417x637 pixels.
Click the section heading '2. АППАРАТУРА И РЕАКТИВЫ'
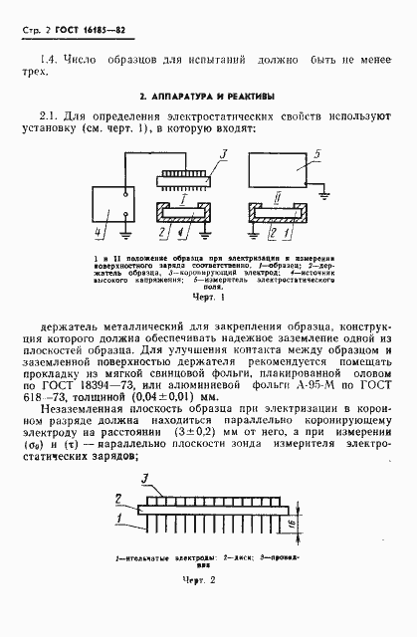tap(207, 98)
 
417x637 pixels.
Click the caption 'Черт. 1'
tap(202, 296)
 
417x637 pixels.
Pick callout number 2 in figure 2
tap(119, 497)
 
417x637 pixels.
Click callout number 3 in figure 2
tap(146, 481)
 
